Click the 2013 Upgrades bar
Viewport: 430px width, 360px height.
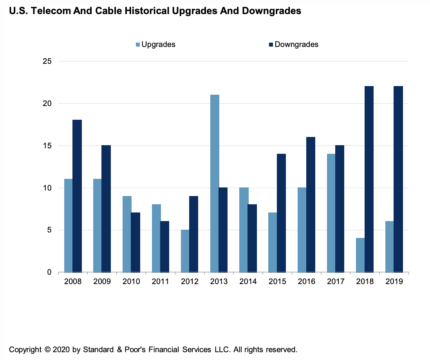tap(215, 183)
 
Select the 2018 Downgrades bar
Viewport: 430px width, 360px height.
tap(369, 179)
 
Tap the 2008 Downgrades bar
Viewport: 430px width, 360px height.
tap(77, 196)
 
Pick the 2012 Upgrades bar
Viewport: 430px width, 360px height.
tap(185, 251)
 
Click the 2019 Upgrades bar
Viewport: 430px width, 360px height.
tap(390, 247)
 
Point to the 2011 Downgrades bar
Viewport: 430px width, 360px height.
tap(164, 247)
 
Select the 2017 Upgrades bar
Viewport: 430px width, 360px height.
tap(331, 213)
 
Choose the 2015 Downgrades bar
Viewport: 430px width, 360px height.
tap(281, 213)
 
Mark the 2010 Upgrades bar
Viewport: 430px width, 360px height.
tap(127, 234)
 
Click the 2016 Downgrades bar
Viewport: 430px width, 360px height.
tap(311, 204)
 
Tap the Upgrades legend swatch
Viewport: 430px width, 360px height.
tap(138, 45)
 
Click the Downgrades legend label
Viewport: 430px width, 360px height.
tap(296, 44)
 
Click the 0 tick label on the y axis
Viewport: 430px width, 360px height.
tap(49, 272)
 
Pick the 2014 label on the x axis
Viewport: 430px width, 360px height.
tap(248, 282)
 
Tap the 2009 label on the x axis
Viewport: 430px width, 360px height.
tap(102, 282)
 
